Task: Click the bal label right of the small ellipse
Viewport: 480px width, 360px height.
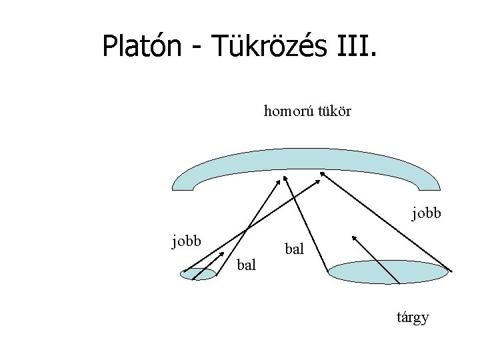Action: coord(247,265)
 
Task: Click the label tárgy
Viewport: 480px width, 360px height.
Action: coord(412,317)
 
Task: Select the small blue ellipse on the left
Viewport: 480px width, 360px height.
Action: coord(199,273)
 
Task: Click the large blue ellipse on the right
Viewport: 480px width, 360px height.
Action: coord(390,272)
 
